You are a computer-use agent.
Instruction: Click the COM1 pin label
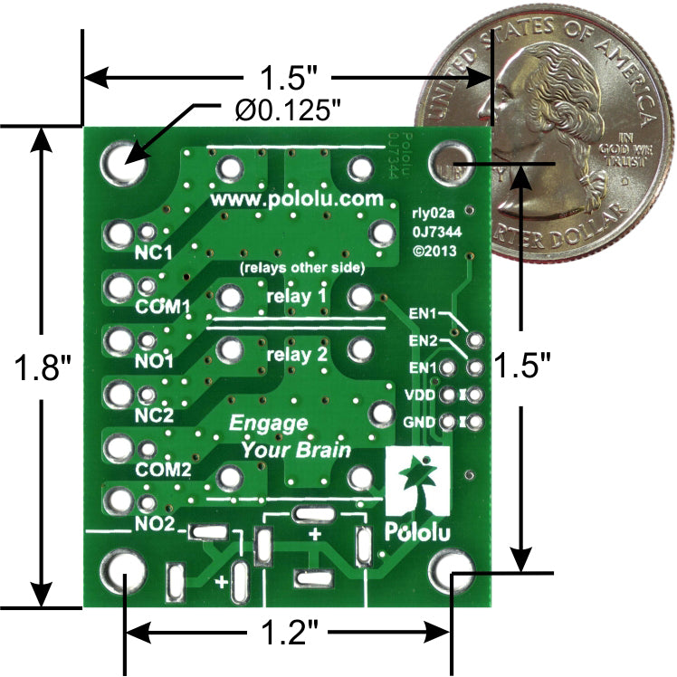pos(163,306)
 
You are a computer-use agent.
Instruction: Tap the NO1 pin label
pos(154,360)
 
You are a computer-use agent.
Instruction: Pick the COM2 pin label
pos(163,470)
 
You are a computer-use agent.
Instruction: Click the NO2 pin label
pos(154,523)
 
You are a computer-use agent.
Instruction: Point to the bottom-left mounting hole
pos(123,572)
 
